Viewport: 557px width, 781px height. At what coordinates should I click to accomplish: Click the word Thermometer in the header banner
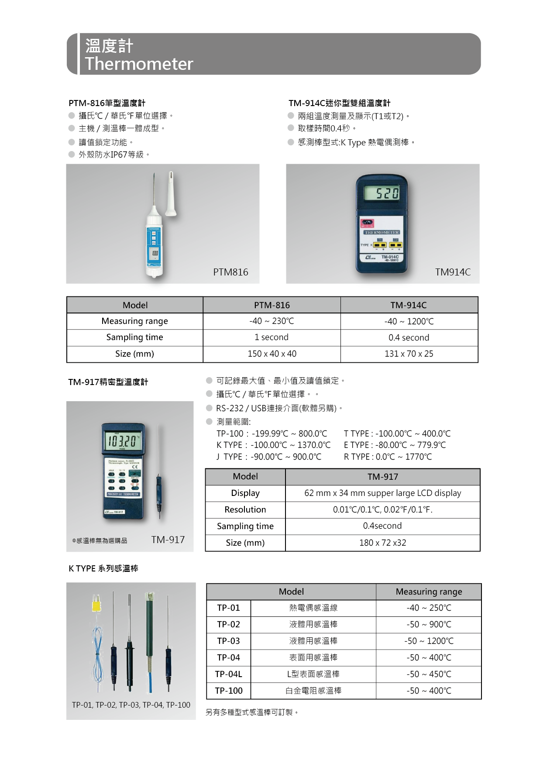(139, 64)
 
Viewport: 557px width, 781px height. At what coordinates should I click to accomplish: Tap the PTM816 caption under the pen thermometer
(230, 272)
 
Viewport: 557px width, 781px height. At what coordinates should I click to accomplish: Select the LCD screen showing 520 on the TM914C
(382, 193)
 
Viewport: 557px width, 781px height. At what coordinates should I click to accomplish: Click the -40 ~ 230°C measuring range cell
(272, 321)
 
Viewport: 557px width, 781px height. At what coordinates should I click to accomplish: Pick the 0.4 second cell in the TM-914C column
(409, 337)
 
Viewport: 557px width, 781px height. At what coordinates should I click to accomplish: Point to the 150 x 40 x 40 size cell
(272, 354)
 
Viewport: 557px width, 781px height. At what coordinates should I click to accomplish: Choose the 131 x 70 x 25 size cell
(409, 354)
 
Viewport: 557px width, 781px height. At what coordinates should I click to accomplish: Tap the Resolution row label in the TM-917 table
(245, 509)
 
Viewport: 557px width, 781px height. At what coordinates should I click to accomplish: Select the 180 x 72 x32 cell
(382, 543)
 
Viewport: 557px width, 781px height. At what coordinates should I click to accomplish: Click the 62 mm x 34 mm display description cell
(382, 493)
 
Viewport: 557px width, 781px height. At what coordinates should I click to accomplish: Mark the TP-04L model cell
(228, 674)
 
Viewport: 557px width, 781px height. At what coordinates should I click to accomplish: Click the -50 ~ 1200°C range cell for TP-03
(429, 641)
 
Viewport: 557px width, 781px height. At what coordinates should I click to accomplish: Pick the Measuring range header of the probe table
(429, 592)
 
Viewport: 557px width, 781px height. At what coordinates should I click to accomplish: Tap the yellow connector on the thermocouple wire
(96, 606)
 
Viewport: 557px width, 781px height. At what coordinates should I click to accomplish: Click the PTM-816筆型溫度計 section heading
(107, 103)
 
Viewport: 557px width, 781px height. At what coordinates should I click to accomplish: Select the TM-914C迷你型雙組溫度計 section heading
(339, 103)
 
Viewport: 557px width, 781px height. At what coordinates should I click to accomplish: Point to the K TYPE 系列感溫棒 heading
(103, 568)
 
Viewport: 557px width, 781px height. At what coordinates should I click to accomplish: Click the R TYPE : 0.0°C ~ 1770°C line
(388, 457)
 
